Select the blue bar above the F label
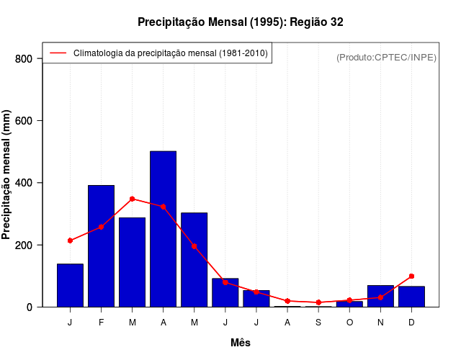tap(101, 246)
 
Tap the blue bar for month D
tap(411, 296)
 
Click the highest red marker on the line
tap(132, 199)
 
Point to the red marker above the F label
tap(101, 227)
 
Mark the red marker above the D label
tap(411, 276)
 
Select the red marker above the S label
tap(318, 302)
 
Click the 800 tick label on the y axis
tap(24, 58)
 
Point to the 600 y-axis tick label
tap(24, 120)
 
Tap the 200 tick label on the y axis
tap(24, 245)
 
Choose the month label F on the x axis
tap(101, 322)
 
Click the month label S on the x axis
tap(318, 322)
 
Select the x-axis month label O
tap(349, 322)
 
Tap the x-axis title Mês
tap(241, 343)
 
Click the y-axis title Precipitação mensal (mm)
tap(7, 176)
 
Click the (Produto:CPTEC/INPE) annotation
tap(387, 57)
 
